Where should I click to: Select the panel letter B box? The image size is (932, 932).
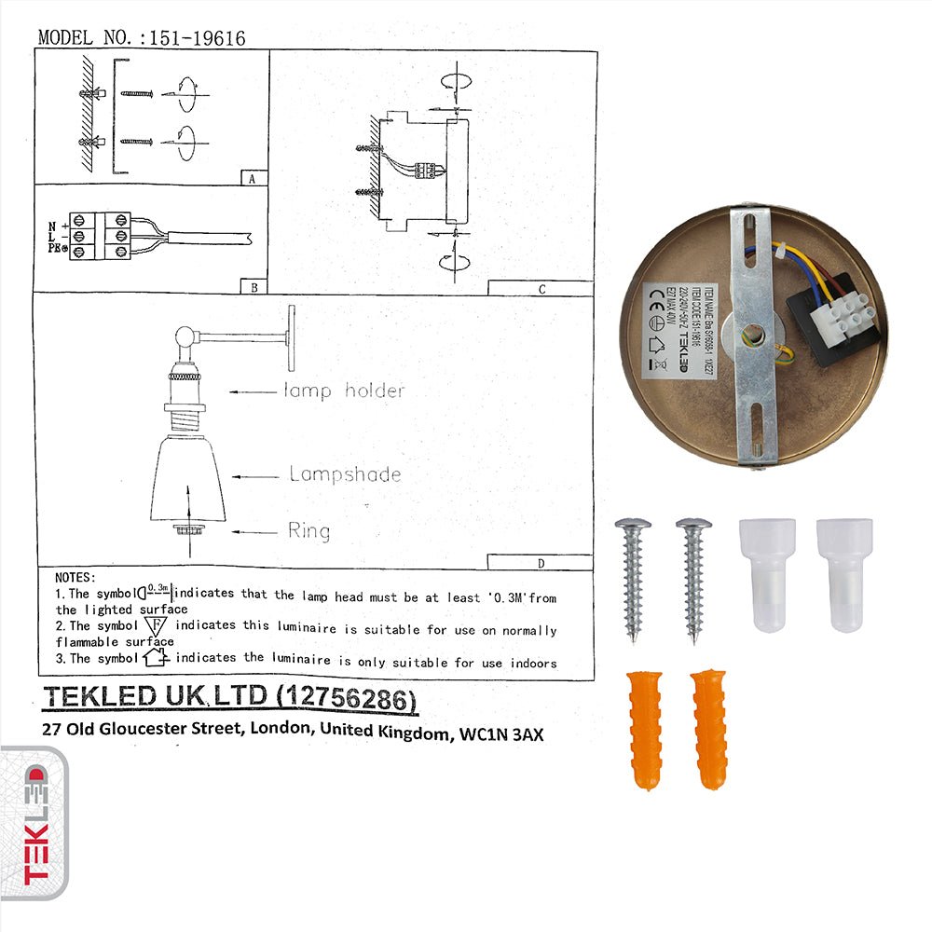252,286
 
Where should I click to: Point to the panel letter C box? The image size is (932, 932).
541,288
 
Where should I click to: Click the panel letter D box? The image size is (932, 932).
540,562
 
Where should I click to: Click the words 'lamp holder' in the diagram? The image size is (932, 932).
344,391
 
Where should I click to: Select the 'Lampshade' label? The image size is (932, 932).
345,474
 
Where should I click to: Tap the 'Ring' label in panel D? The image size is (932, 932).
308,531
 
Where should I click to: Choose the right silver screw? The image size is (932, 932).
693,578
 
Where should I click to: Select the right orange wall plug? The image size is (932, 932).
709,729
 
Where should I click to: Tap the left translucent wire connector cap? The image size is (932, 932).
768,575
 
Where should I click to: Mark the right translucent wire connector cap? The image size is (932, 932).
844,575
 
